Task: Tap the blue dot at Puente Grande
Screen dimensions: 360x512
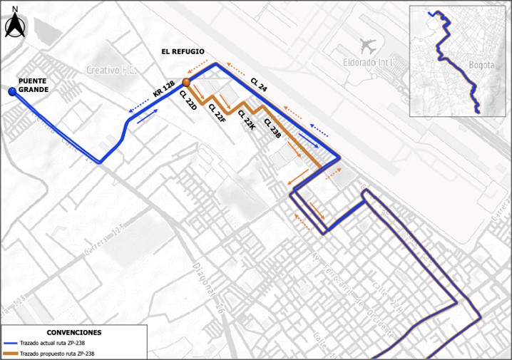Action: point(12,92)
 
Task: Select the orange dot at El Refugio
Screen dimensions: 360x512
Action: point(185,83)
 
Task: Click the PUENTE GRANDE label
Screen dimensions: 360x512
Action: point(33,86)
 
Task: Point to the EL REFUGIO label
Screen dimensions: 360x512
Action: point(183,52)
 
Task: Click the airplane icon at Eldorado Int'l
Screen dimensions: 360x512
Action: point(368,46)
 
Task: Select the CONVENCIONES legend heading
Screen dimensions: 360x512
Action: point(74,332)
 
